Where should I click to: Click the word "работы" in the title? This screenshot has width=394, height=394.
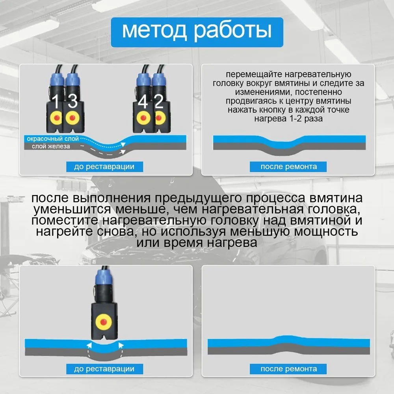(x=233, y=32)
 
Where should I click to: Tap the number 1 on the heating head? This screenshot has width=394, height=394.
(x=55, y=101)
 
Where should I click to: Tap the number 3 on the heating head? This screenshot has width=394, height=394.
(x=72, y=101)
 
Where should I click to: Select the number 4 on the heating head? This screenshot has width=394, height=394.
(x=143, y=102)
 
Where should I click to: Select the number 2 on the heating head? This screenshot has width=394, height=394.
(x=159, y=101)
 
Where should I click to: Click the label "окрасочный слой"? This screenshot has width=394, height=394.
(x=53, y=139)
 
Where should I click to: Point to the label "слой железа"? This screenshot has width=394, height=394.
(x=51, y=146)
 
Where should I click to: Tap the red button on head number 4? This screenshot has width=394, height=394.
(x=143, y=118)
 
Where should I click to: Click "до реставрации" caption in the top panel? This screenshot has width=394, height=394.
(x=104, y=167)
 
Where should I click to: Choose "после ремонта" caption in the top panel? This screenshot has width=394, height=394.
(x=288, y=167)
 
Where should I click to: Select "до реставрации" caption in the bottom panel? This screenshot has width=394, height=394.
(x=104, y=369)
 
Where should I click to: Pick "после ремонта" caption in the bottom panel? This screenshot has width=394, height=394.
(x=288, y=369)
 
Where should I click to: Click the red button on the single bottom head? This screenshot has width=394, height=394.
(x=103, y=322)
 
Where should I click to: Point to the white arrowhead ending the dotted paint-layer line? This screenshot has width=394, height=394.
(x=123, y=144)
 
